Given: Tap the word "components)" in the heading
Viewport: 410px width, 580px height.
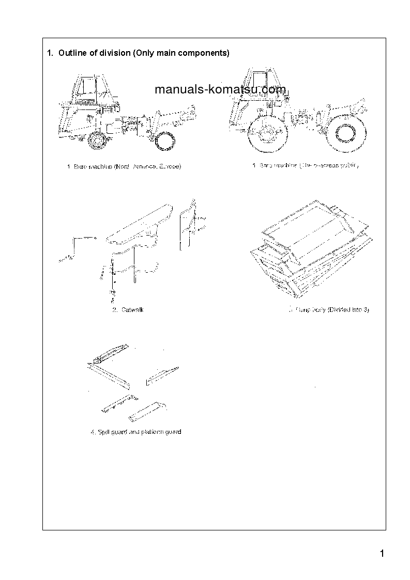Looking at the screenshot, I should tap(203, 53).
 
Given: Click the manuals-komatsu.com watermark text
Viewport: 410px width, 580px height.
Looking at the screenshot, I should tap(220, 90).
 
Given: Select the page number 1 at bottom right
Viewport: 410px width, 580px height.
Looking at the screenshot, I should tap(382, 554).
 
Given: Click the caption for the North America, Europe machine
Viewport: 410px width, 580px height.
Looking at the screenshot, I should tap(124, 166).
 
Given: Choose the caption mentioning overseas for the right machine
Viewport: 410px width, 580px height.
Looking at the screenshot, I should tap(305, 166).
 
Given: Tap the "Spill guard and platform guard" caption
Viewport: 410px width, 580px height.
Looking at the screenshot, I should tap(135, 432).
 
